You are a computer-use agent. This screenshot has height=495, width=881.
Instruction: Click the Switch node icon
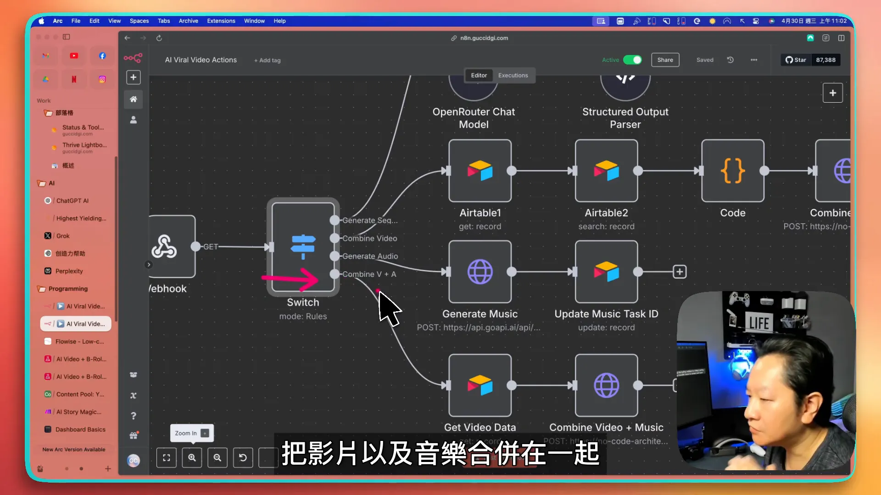coord(303,247)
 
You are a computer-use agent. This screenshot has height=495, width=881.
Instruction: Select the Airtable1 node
coord(480,171)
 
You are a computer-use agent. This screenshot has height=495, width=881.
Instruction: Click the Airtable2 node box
coord(606,171)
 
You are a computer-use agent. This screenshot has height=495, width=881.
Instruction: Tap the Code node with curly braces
coord(732,171)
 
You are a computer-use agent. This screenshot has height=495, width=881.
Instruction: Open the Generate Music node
coord(480,272)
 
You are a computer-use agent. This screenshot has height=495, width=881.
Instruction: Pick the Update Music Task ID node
coord(606,272)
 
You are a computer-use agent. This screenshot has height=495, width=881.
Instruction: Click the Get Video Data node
coord(480,385)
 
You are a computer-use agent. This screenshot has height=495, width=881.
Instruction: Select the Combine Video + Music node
coord(606,385)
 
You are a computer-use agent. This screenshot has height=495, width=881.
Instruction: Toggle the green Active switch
coord(632,60)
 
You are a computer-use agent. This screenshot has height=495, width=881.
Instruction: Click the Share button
coord(665,60)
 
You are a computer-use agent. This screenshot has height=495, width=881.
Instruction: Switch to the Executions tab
coord(513,76)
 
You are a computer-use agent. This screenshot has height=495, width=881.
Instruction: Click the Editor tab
coord(479,76)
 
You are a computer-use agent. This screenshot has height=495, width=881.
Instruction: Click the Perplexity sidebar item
coord(69,271)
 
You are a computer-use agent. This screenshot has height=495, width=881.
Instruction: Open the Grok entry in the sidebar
coord(63,236)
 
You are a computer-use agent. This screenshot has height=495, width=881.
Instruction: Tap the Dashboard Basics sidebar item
coord(80,429)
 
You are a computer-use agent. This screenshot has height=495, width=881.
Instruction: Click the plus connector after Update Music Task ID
coord(680,272)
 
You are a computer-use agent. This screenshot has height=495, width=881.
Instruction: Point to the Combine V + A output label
coord(369,274)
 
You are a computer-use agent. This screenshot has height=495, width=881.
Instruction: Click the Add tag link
coord(268,60)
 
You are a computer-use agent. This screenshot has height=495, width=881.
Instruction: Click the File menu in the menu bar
coord(76,21)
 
